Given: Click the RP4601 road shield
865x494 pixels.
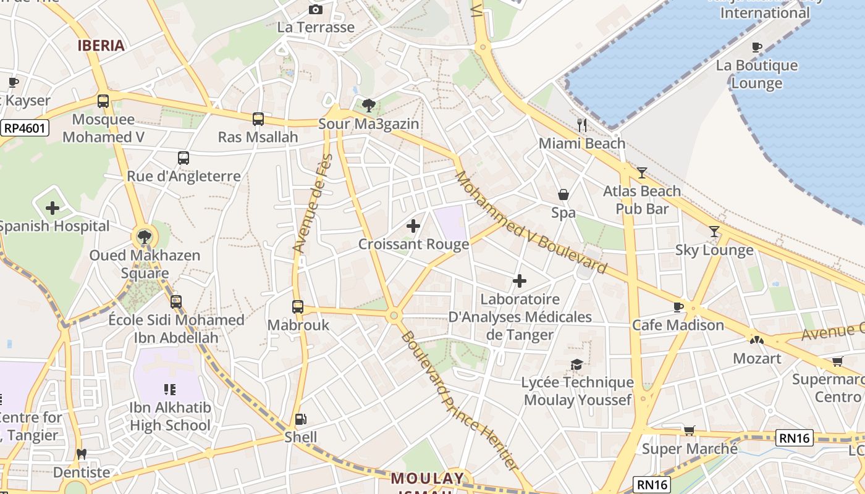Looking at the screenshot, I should [x=25, y=128].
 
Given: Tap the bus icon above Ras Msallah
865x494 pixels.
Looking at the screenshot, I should [x=258, y=119].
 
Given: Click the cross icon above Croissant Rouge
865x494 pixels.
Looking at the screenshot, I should [x=413, y=226].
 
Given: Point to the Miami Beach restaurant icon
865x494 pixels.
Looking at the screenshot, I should [x=581, y=125].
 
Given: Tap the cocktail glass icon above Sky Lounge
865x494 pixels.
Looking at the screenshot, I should [x=714, y=232].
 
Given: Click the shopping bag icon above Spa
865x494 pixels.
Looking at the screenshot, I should [x=563, y=195].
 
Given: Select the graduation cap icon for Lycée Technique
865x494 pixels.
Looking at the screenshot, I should [x=577, y=364].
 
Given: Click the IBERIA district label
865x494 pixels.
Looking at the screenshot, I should [x=101, y=45].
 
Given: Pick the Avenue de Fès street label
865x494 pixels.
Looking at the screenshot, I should [x=313, y=204].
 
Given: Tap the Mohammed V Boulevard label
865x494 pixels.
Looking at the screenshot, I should [x=531, y=222].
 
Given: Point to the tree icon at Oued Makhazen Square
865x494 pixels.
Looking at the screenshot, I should [x=144, y=237].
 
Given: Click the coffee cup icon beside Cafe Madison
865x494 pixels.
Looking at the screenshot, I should [x=678, y=307].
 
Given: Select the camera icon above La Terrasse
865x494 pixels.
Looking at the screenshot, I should [x=316, y=9].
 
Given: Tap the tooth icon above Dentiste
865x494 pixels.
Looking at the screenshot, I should [x=81, y=454].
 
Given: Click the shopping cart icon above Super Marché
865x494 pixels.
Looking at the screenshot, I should [x=690, y=430].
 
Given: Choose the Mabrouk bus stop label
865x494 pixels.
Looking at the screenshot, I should [x=298, y=325].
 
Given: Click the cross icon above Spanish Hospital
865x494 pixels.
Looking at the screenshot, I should [x=53, y=208].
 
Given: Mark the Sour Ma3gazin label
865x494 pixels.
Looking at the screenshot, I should [x=368, y=124].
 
